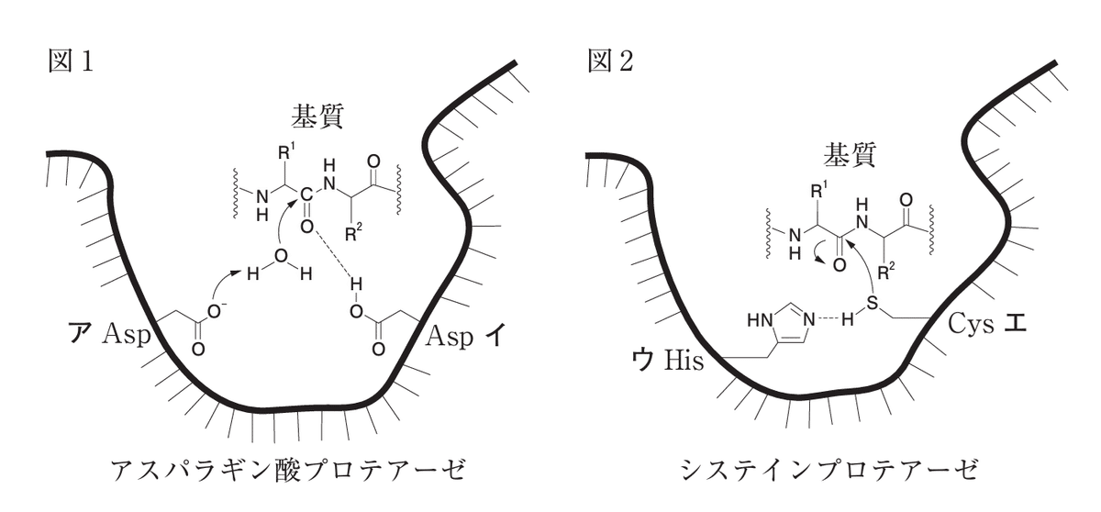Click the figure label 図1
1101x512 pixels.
pos(71,61)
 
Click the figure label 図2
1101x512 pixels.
pos(611,61)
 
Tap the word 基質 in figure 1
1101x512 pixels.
pos(317,117)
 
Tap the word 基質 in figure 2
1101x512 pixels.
pos(850,156)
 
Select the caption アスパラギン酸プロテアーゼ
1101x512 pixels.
pos(288,470)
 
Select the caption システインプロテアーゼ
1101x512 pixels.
pos(830,470)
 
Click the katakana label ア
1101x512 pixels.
pos(79,335)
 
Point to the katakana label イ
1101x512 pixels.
pos(494,336)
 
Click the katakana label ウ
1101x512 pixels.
pos(643,361)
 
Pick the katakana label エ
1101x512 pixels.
pos(1015,324)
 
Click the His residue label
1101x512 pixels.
pos(684,362)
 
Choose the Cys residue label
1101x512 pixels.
pos(971,325)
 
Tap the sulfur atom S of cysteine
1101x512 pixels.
pos(872,303)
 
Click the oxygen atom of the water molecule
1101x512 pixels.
pos(281,255)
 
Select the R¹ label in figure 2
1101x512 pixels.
pos(817,191)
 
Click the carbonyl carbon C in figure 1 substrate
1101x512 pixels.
pos(306,195)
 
